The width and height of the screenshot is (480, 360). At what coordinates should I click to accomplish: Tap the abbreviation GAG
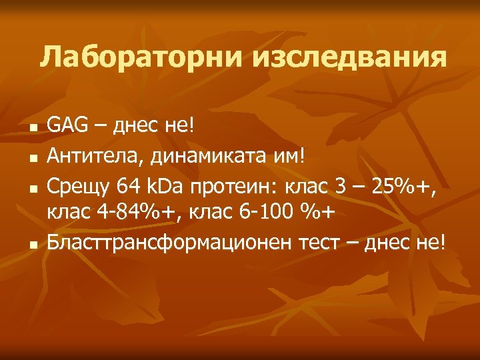(x=64, y=125)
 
